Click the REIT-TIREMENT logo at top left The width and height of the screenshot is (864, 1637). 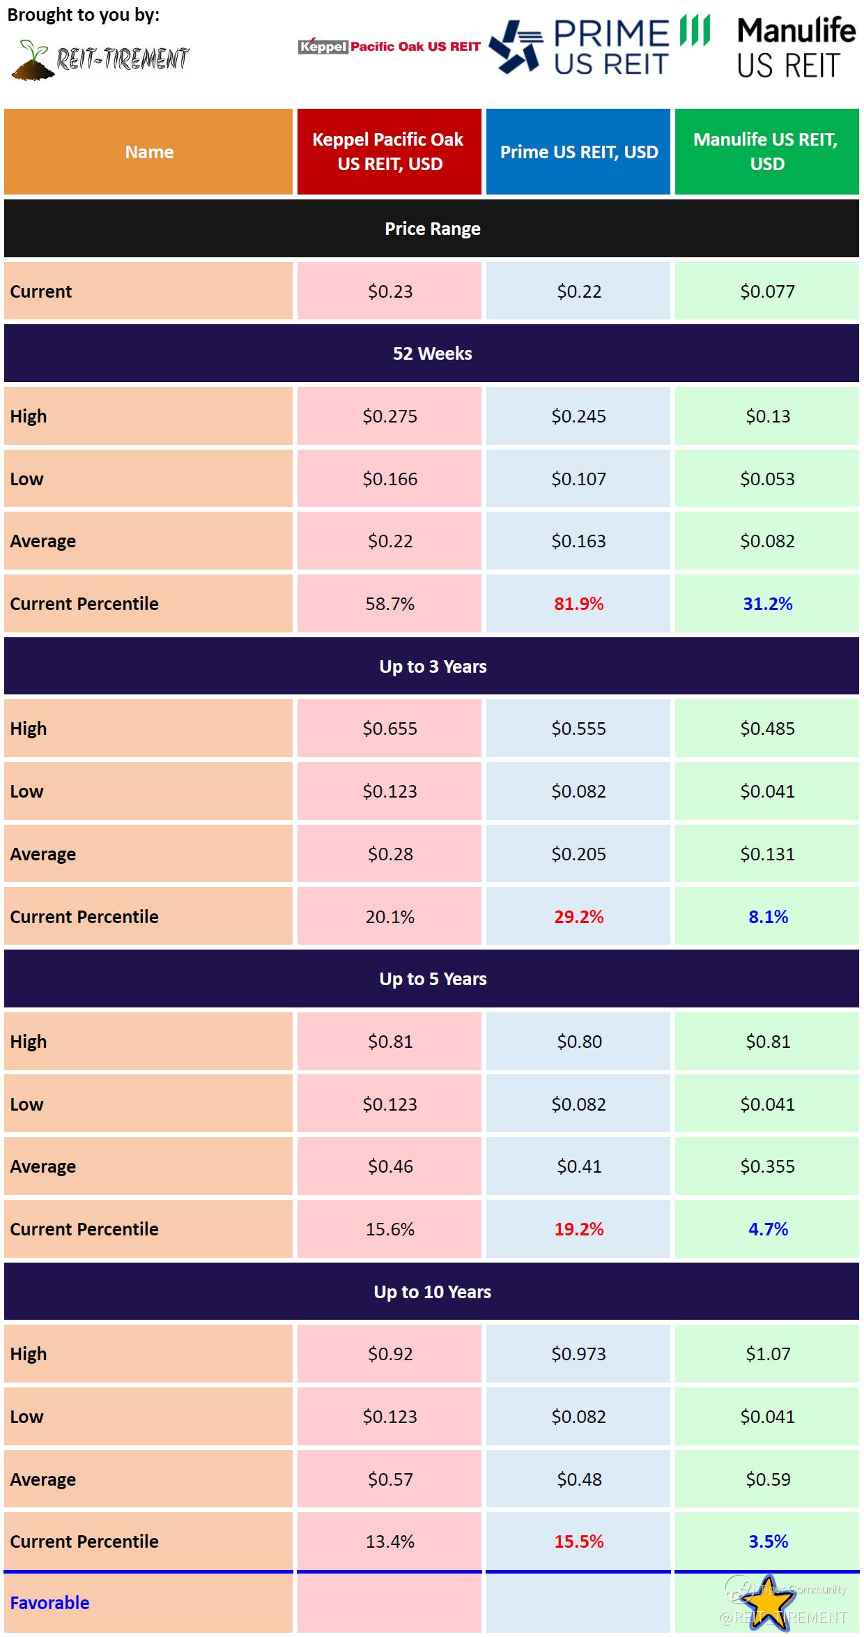pyautogui.click(x=101, y=59)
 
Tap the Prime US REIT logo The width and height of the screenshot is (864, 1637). pyautogui.click(x=599, y=47)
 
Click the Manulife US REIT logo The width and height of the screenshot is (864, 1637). pyautogui.click(x=796, y=47)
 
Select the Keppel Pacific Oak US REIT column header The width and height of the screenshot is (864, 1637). pyautogui.click(x=389, y=151)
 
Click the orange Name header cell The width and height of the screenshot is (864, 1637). pyautogui.click(x=148, y=151)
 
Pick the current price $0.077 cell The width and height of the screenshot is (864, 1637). pyautogui.click(x=767, y=291)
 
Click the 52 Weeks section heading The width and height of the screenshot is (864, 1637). pyautogui.click(x=432, y=353)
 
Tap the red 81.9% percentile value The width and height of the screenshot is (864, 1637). pyautogui.click(x=578, y=604)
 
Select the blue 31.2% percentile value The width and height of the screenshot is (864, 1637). pyautogui.click(x=767, y=604)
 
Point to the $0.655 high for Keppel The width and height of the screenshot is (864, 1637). pyautogui.click(x=389, y=729)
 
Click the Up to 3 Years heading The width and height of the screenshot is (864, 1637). pyautogui.click(x=432, y=667)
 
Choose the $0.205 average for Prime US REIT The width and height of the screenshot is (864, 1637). pyautogui.click(x=578, y=854)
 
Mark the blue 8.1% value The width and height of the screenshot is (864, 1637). pyautogui.click(x=768, y=917)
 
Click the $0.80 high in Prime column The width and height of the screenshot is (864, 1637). pyautogui.click(x=578, y=1042)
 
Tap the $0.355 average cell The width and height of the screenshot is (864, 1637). pyautogui.click(x=767, y=1166)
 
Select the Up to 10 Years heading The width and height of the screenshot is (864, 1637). pyautogui.click(x=432, y=1292)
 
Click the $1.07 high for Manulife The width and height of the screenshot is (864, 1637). pyautogui.click(x=768, y=1354)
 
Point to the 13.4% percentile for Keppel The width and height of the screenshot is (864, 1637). pyautogui.click(x=389, y=1541)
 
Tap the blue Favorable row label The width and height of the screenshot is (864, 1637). pyautogui.click(x=49, y=1603)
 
